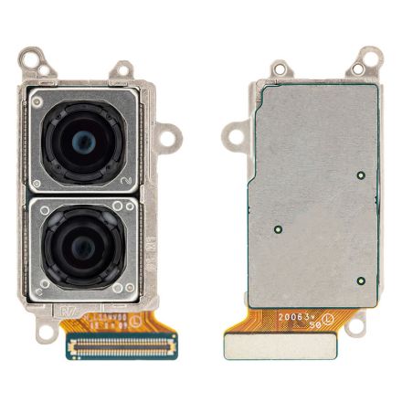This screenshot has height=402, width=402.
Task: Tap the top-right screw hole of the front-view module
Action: tap(122, 69)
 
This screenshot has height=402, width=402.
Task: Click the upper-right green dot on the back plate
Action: tap(362, 174)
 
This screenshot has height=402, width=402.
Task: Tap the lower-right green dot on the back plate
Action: tap(362, 280)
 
